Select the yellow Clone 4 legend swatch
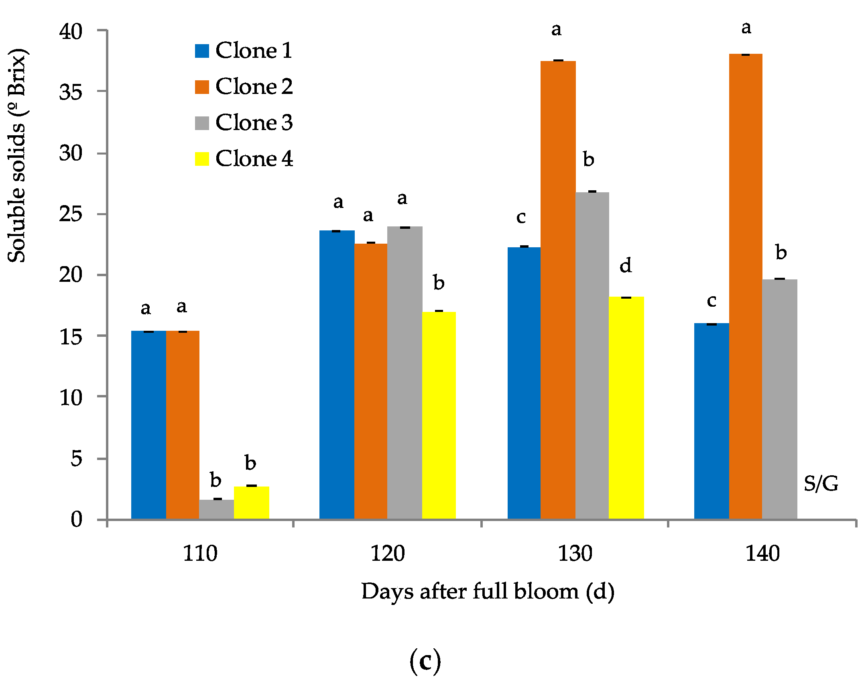202,159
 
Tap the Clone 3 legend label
254,123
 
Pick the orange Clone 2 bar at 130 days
558,289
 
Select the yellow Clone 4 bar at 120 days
439,415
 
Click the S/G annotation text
821,483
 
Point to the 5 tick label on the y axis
76,458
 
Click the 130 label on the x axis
575,554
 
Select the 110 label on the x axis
200,554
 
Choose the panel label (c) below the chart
425,661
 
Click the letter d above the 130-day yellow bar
626,265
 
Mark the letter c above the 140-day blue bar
711,301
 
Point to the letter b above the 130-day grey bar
588,159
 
